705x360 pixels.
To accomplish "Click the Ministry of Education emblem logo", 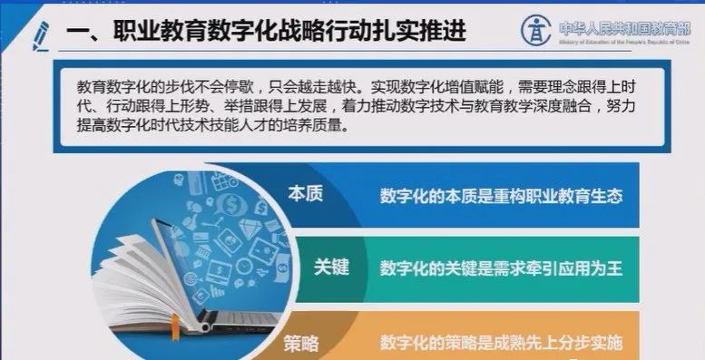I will click(535, 30).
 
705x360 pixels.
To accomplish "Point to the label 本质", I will click(305, 194).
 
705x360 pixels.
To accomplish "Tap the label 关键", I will click(331, 268).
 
